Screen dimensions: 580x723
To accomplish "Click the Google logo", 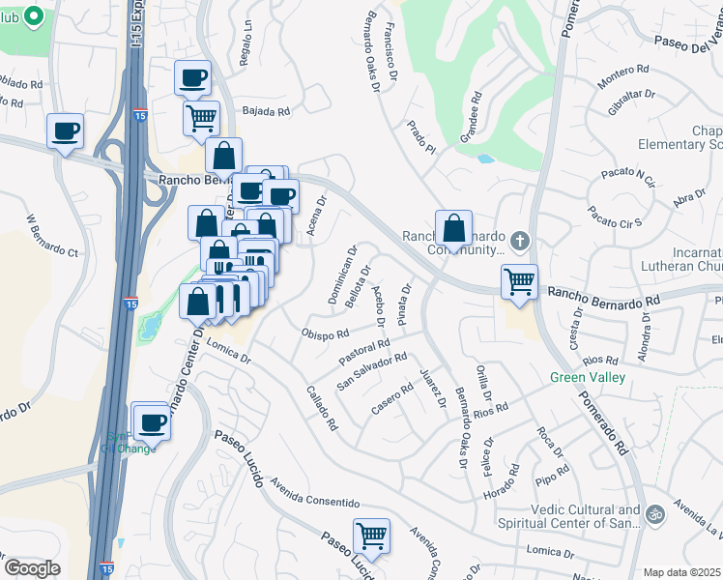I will (32, 568).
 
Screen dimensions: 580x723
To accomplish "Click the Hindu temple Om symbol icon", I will (656, 512).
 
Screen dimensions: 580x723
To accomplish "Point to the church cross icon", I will (520, 240).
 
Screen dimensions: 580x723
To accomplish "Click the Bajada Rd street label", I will (266, 111).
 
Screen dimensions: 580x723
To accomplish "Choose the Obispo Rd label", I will (325, 334).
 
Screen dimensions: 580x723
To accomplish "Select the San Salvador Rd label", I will (371, 371).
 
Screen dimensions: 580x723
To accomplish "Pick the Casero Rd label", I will (392, 402).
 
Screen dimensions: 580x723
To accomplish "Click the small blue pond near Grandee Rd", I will (485, 158).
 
